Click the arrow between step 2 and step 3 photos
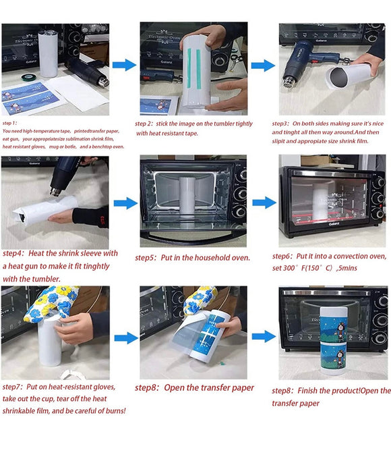tap(262, 65)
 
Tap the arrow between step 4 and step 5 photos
tap(125, 203)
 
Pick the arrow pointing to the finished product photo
tap(264, 336)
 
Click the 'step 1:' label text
tap(11, 124)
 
